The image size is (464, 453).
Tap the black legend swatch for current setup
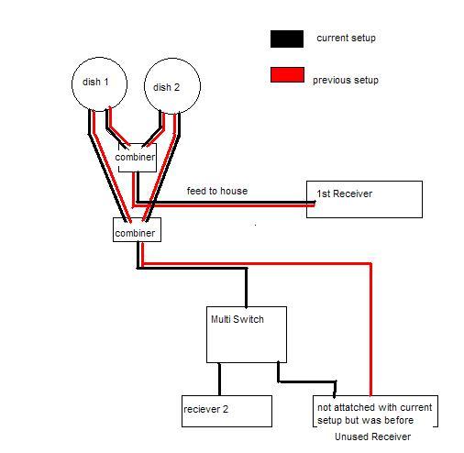tap(287, 39)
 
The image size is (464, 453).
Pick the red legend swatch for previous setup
tap(287, 75)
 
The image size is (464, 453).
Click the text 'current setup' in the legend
tap(346, 38)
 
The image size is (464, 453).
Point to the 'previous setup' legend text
tap(346, 80)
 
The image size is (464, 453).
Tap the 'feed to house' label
tap(217, 191)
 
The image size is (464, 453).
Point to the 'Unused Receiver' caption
tap(372, 436)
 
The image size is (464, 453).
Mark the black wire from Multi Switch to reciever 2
tap(219, 380)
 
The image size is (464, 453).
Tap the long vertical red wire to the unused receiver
tap(370, 329)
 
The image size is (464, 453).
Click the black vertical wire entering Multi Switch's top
tap(246, 288)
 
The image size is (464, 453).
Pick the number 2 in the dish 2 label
tap(176, 87)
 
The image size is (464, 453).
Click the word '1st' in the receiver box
tap(324, 193)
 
